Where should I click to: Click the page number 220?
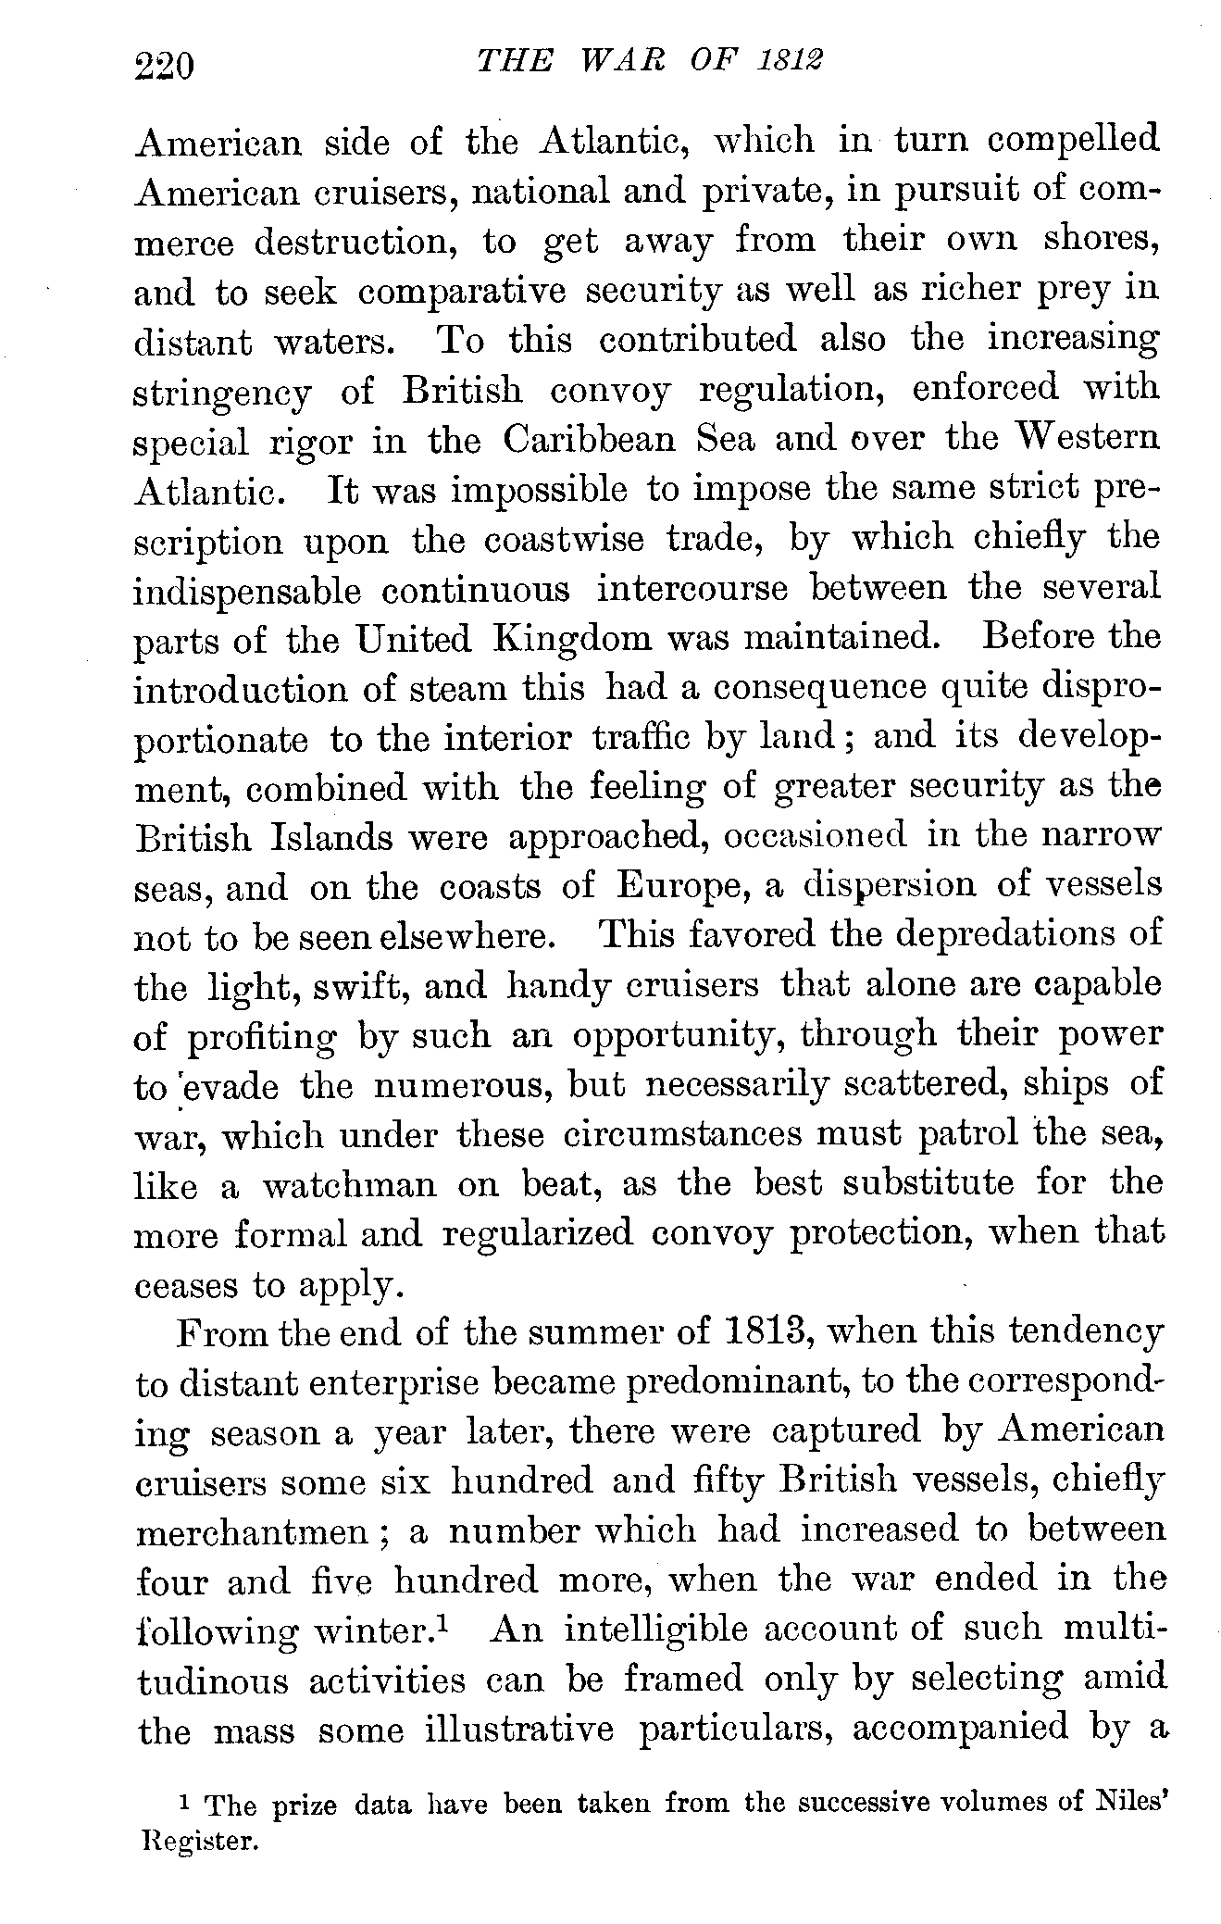(164, 67)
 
